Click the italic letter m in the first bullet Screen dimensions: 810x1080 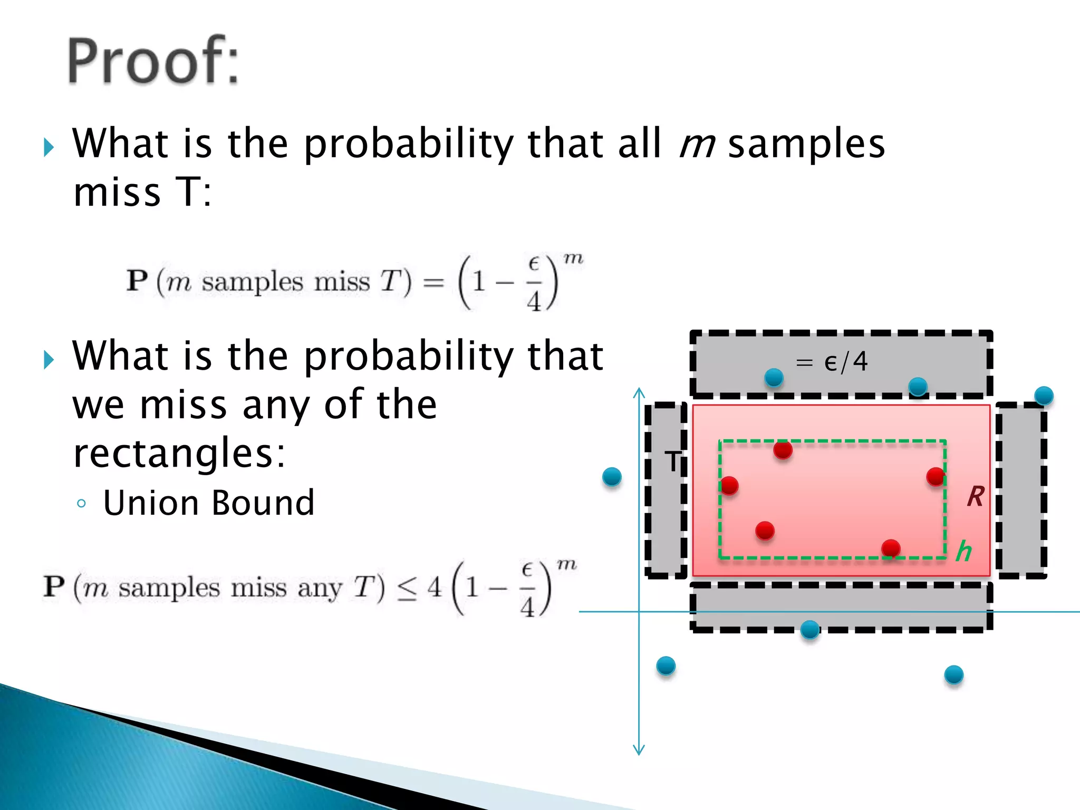[697, 144]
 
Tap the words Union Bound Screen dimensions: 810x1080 [209, 503]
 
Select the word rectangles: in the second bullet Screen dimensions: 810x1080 [179, 453]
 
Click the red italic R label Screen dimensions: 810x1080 [976, 496]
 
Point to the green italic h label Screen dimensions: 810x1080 [963, 551]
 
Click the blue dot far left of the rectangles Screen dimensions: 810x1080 [612, 477]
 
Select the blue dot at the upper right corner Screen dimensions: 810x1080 [1044, 396]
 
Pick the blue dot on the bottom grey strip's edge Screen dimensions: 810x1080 [809, 629]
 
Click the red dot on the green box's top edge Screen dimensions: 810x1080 [783, 449]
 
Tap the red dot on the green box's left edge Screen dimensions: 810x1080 [729, 485]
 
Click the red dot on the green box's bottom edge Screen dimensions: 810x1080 [891, 548]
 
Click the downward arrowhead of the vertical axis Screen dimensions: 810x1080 [639, 750]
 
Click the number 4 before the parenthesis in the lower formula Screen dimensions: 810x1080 [434, 587]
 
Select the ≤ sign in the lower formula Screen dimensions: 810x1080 [407, 589]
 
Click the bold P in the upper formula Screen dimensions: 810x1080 [137, 280]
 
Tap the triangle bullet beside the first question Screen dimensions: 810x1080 [49, 147]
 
